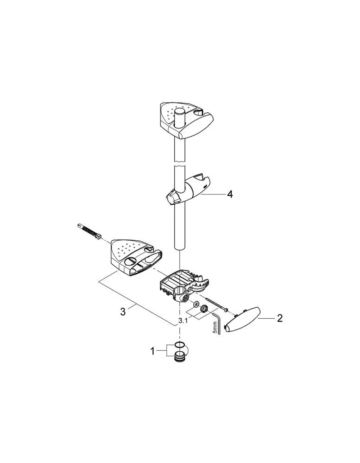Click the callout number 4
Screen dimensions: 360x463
(x=230, y=194)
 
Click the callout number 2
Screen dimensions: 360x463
(x=280, y=318)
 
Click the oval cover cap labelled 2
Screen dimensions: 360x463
(x=243, y=322)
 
